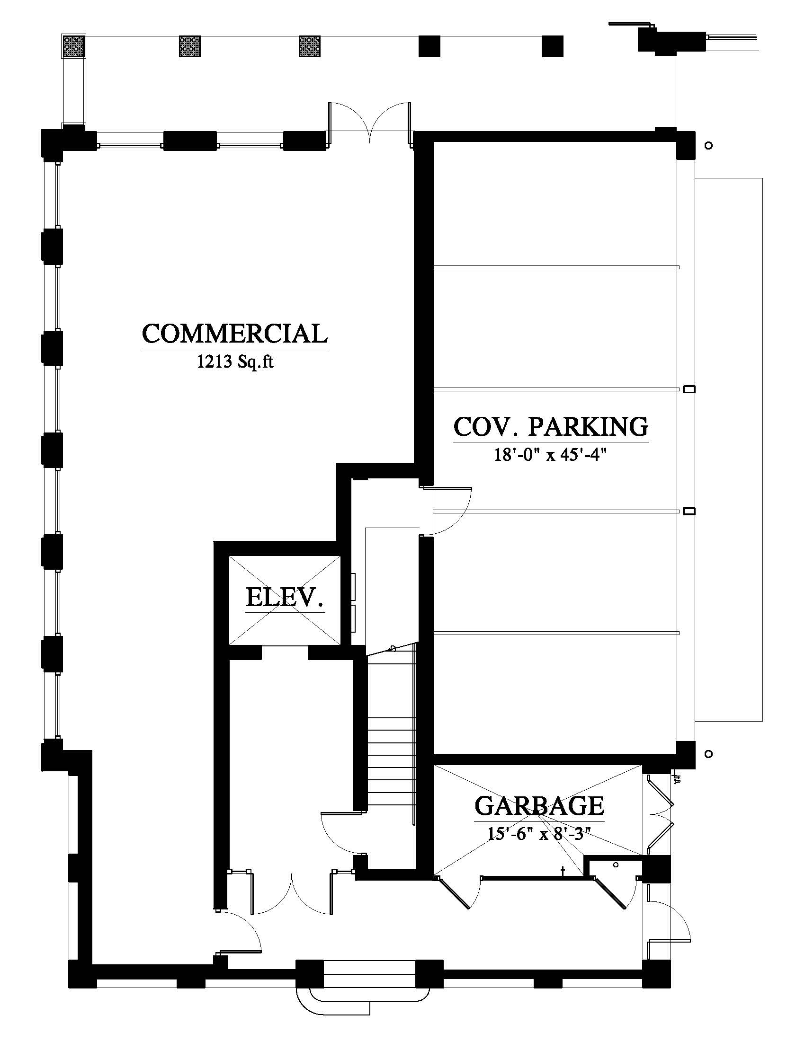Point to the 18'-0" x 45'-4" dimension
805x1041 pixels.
tap(550, 455)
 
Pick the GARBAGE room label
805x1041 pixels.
tap(539, 805)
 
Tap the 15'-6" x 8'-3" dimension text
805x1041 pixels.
tap(539, 834)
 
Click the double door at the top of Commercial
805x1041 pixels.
tap(368, 122)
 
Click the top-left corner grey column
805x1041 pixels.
tap(73, 46)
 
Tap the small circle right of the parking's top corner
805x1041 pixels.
tap(709, 145)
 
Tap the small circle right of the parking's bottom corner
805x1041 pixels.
tap(709, 754)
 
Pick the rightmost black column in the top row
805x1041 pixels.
tap(552, 46)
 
